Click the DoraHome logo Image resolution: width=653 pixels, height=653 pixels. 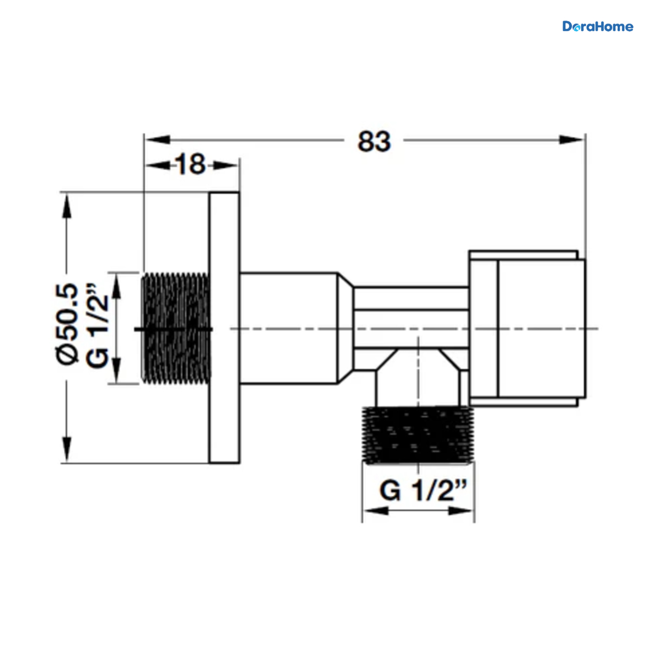pyautogui.click(x=597, y=27)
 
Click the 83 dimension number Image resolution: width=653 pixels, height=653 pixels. pyautogui.click(x=374, y=141)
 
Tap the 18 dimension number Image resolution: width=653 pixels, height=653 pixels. pyautogui.click(x=191, y=164)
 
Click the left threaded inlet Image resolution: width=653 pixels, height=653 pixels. pyautogui.click(x=176, y=328)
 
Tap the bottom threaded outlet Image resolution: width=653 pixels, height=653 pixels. pyautogui.click(x=418, y=435)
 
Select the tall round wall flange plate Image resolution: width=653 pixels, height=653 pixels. pyautogui.click(x=224, y=328)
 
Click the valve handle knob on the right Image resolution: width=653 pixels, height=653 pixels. pyautogui.click(x=527, y=328)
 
